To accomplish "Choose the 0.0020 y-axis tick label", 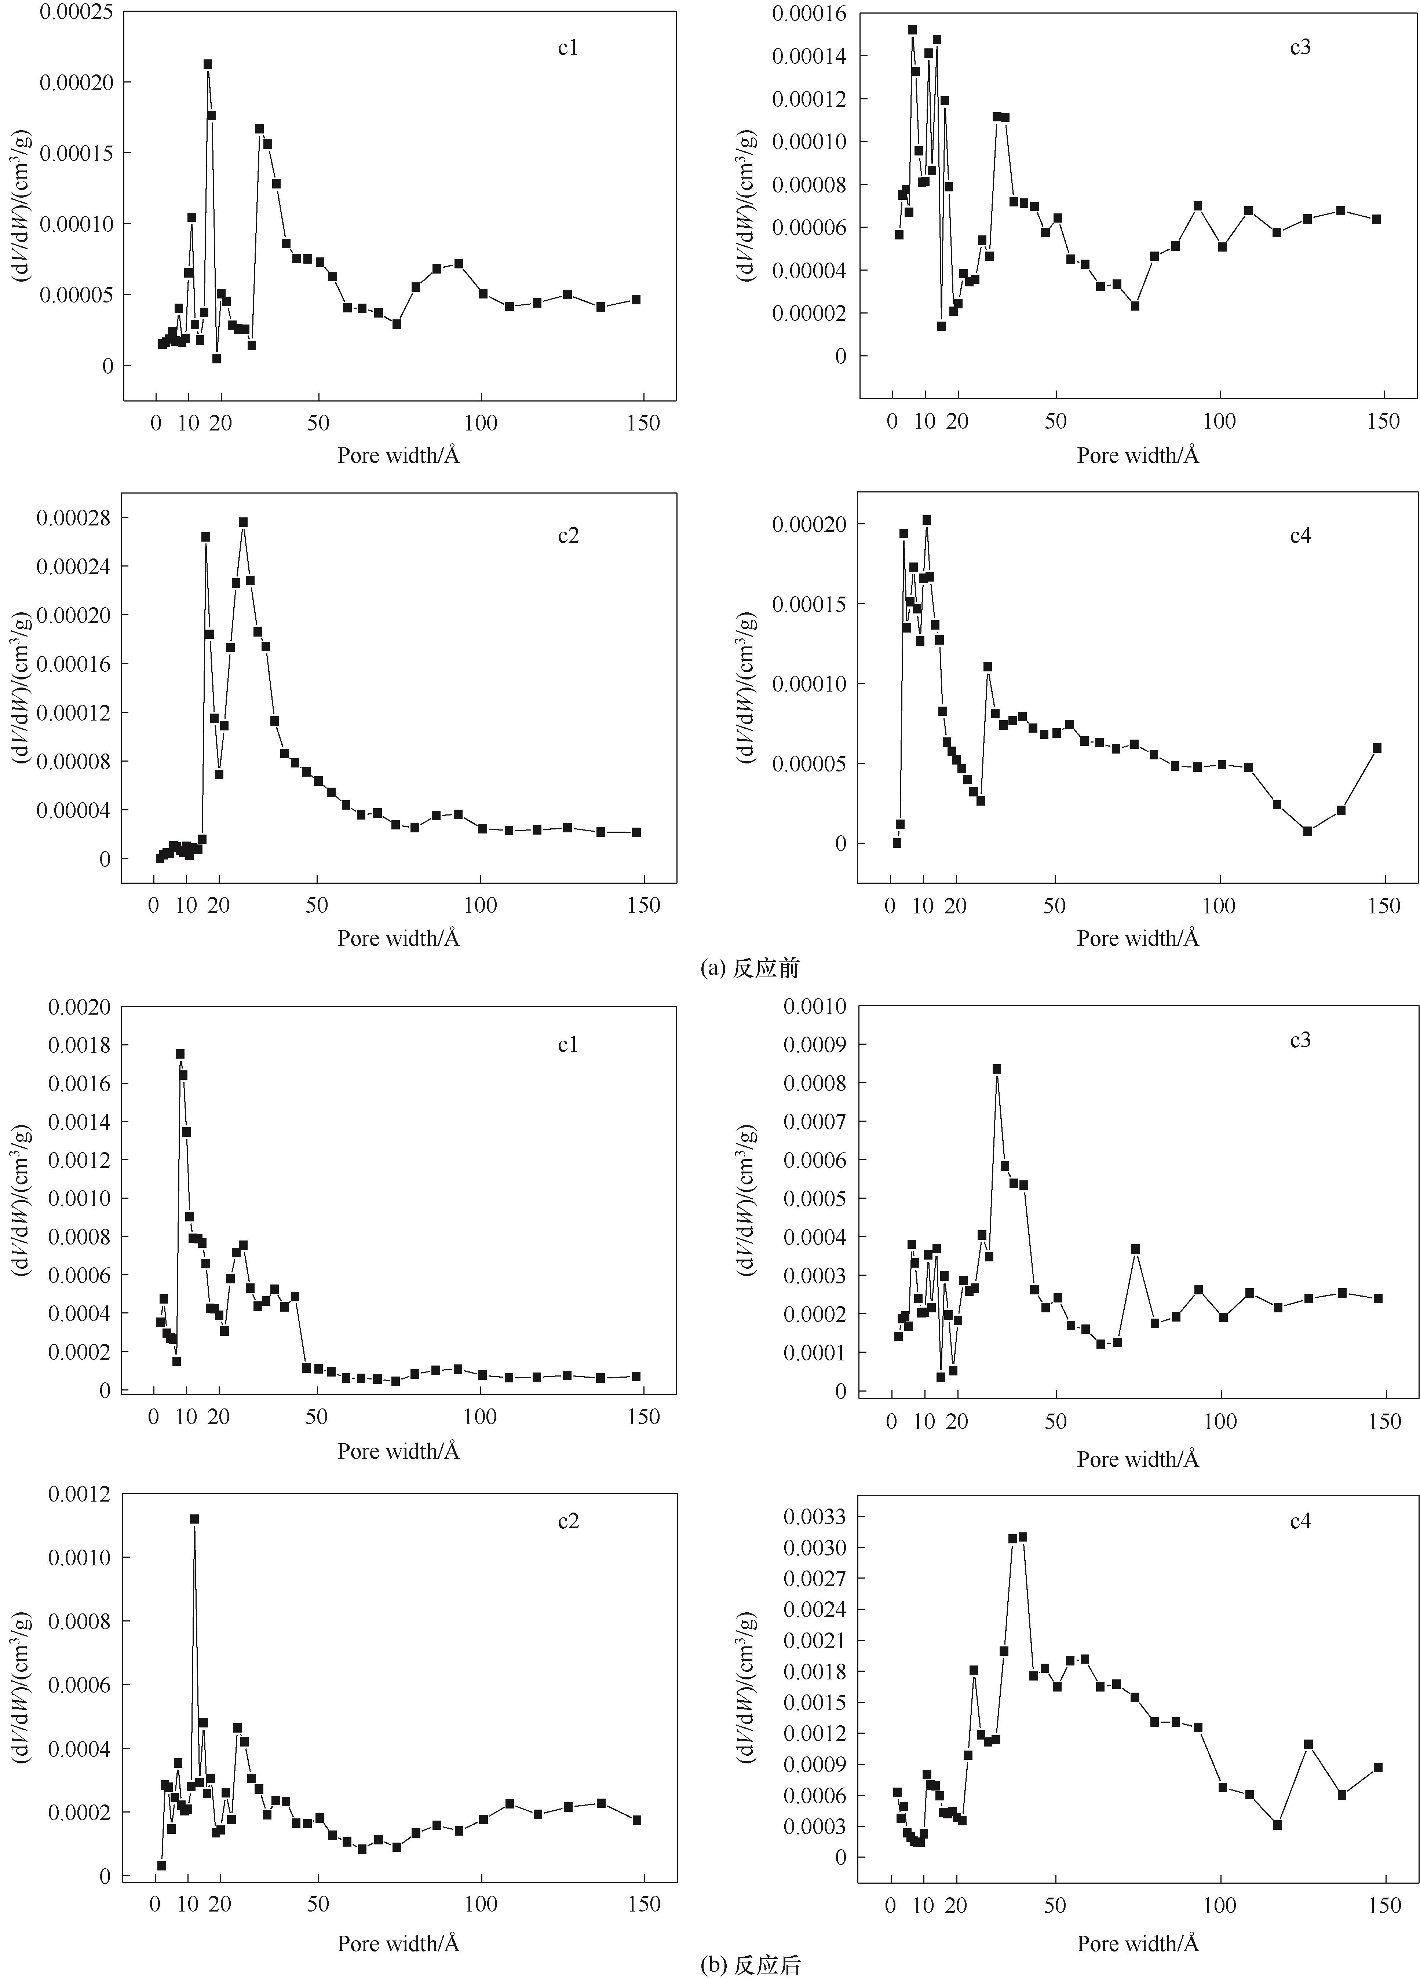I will pyautogui.click(x=79, y=1007).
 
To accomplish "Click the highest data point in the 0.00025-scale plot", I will pyautogui.click(x=208, y=64).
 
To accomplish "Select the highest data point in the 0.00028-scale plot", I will pyautogui.click(x=244, y=522).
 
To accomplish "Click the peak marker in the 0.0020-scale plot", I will pyautogui.click(x=180, y=1053).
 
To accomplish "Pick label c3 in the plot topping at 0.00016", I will pyautogui.click(x=1300, y=47).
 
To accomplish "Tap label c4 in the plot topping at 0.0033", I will pyautogui.click(x=1300, y=1521).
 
